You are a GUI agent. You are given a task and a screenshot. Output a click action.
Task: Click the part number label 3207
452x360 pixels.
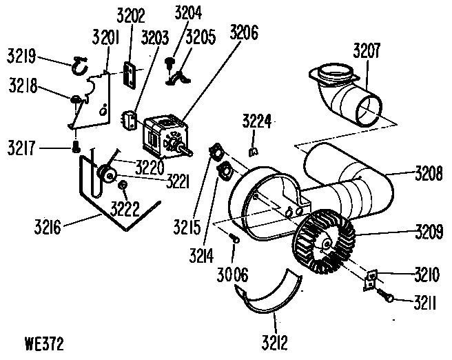[367, 50]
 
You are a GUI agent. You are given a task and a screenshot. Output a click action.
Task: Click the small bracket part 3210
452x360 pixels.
[371, 278]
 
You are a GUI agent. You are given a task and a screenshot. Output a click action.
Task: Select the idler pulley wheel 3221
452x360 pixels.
[107, 174]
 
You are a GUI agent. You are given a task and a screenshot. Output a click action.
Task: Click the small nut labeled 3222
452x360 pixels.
[121, 186]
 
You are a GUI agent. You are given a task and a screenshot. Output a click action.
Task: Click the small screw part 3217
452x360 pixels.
[76, 147]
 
